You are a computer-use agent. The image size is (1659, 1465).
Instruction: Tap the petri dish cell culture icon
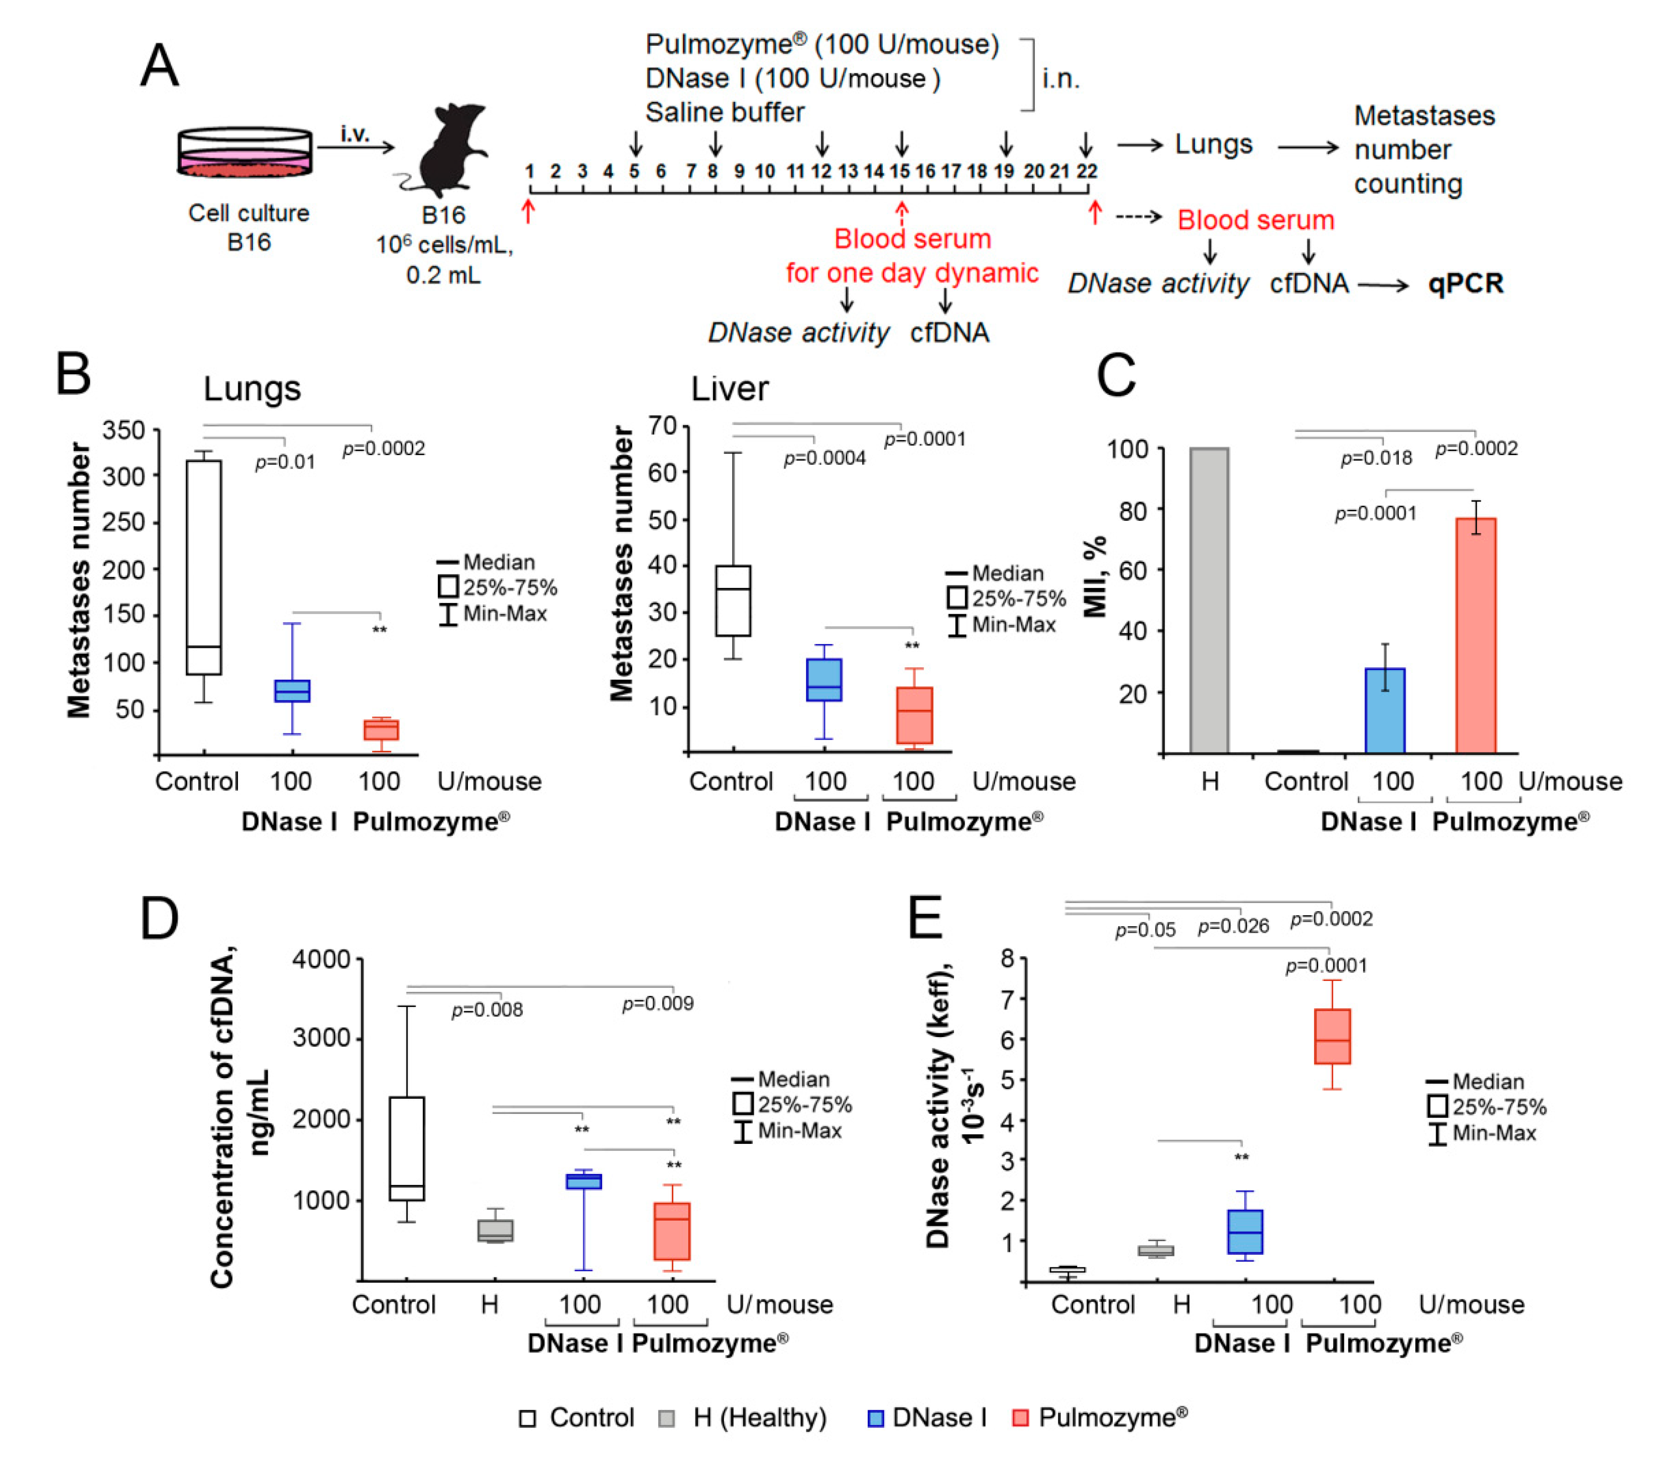(245, 152)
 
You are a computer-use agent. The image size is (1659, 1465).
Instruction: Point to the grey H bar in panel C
(1209, 600)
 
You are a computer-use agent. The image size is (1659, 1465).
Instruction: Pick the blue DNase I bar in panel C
(1385, 710)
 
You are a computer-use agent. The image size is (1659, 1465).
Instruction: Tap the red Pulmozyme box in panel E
(1332, 1036)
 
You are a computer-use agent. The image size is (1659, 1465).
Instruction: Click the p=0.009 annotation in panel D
(657, 1003)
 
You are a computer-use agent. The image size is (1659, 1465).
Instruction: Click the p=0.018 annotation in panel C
(1376, 459)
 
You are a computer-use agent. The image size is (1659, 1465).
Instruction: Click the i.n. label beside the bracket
(1061, 79)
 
